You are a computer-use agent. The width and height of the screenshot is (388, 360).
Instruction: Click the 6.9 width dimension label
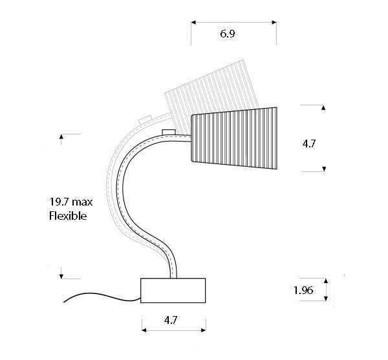(228, 34)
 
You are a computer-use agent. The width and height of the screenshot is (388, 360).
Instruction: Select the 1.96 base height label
(303, 290)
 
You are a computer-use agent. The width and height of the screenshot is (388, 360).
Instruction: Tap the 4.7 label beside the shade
(309, 143)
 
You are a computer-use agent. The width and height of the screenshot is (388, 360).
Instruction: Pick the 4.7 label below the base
(171, 320)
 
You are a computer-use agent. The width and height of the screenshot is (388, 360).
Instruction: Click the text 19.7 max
(70, 202)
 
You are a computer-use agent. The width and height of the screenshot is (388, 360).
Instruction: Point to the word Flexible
(68, 216)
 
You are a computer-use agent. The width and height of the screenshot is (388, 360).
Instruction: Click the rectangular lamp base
(173, 291)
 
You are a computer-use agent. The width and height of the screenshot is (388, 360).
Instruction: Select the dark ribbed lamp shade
(234, 138)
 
